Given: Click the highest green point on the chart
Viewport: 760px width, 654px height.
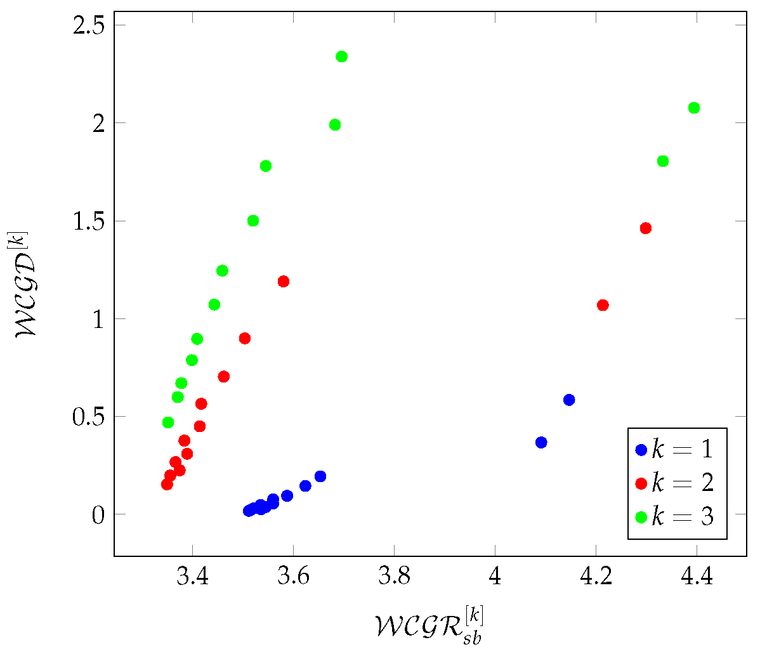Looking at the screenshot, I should [x=341, y=56].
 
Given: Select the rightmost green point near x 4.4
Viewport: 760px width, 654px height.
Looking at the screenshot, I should [x=694, y=108].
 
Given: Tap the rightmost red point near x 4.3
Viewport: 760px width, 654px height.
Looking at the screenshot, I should [x=646, y=228].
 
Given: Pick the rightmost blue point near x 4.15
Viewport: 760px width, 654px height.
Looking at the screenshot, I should [x=569, y=400].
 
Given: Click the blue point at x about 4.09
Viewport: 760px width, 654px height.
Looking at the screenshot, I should [x=541, y=442].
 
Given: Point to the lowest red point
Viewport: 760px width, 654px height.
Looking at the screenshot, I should [x=167, y=484].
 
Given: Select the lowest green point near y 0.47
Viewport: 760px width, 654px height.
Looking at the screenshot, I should [x=168, y=422].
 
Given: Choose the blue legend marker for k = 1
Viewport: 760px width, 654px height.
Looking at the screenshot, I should [x=641, y=450].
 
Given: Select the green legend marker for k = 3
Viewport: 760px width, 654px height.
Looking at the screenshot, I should [x=641, y=517].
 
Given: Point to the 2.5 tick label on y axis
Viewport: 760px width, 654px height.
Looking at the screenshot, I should [x=89, y=25].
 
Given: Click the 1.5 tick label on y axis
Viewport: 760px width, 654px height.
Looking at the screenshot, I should [x=89, y=221].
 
